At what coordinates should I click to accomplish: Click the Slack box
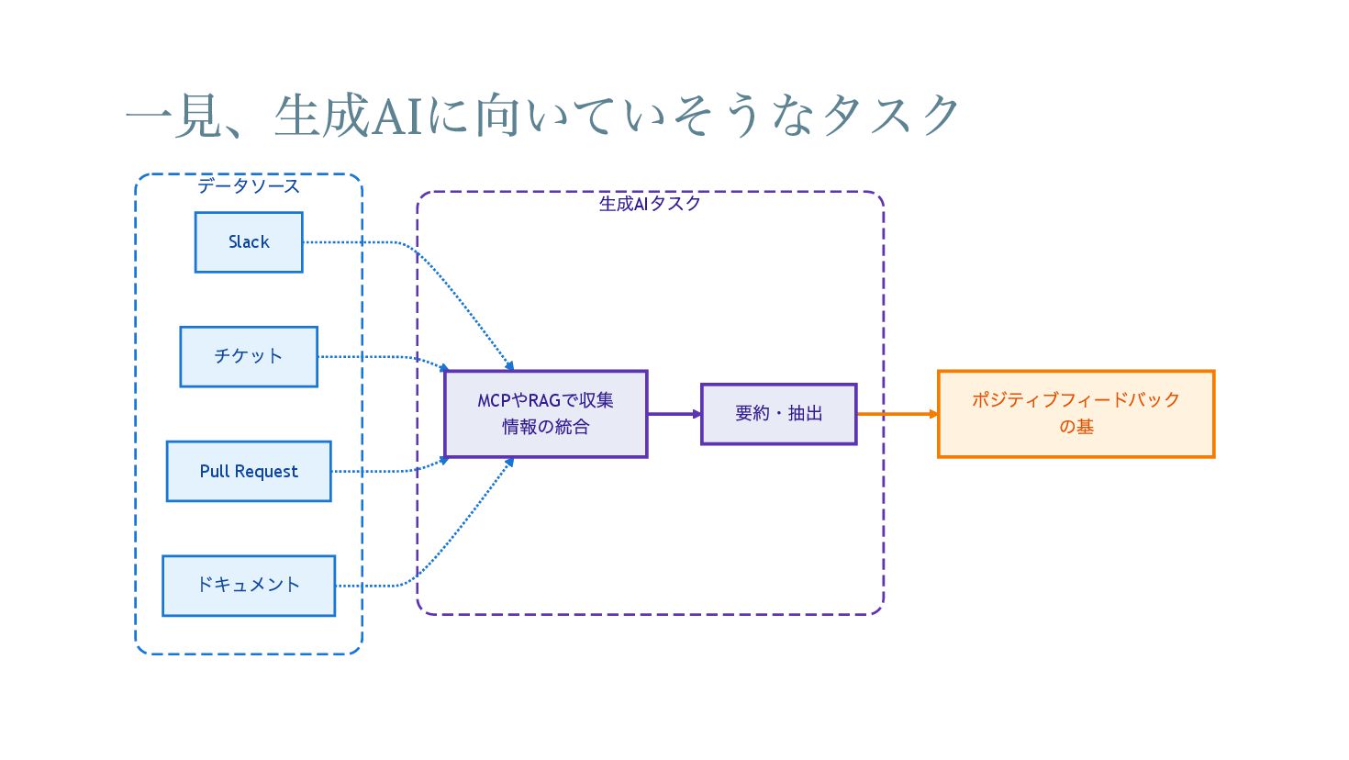tap(249, 242)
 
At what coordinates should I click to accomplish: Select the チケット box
tap(249, 356)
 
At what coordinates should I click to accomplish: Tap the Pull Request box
tap(249, 471)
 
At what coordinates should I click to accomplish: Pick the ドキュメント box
tap(249, 586)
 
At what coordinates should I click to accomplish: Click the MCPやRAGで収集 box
tap(546, 414)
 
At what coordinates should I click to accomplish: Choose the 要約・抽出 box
tap(779, 414)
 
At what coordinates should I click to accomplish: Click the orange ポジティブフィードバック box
tap(1076, 414)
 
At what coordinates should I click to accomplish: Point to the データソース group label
tap(249, 185)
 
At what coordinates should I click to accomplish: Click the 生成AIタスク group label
tap(650, 204)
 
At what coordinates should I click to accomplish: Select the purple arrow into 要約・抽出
tap(674, 414)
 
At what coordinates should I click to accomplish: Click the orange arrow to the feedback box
tap(897, 414)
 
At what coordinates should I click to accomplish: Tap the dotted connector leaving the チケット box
tap(385, 357)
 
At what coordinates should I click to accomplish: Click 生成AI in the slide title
tap(348, 116)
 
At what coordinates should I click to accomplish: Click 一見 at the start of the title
tap(172, 116)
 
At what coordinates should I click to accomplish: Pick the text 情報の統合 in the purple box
tap(546, 427)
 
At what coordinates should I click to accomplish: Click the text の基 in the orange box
tap(1076, 427)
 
